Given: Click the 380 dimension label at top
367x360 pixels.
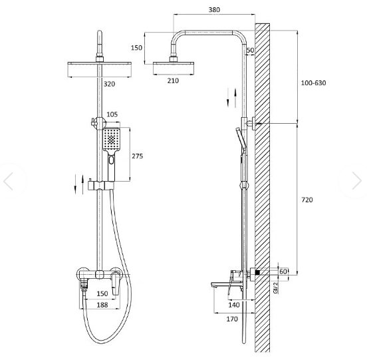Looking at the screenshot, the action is [x=214, y=10].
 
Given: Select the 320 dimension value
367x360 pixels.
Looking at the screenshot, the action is [x=109, y=84].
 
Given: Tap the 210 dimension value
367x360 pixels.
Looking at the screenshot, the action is [x=173, y=81].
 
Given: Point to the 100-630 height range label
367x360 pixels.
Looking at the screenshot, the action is [x=313, y=83].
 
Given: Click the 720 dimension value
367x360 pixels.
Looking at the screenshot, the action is [x=307, y=200].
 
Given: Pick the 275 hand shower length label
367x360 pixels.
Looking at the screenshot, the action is [x=137, y=156].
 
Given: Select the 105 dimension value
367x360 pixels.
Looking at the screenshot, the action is [x=112, y=114].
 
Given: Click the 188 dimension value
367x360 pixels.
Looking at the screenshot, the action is [x=102, y=305].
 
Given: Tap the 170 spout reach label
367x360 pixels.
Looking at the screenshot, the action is [x=232, y=319].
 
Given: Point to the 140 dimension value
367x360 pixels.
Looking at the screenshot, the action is [x=234, y=305].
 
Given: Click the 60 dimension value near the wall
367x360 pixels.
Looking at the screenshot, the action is [x=283, y=271].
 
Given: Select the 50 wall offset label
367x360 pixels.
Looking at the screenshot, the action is [x=250, y=50].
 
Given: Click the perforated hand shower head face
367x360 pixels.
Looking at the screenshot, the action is [x=112, y=139].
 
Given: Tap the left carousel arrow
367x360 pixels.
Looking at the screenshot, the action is [x=8, y=181].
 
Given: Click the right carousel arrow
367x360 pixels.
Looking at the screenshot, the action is [x=357, y=180].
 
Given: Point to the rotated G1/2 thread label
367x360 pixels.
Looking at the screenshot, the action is [x=276, y=287].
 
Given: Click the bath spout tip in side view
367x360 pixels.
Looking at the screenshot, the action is [x=212, y=285].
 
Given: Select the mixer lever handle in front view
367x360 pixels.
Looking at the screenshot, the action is [x=115, y=283].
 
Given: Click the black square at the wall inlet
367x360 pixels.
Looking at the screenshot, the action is [x=257, y=272].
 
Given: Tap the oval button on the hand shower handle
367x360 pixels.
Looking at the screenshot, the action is [x=111, y=160].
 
